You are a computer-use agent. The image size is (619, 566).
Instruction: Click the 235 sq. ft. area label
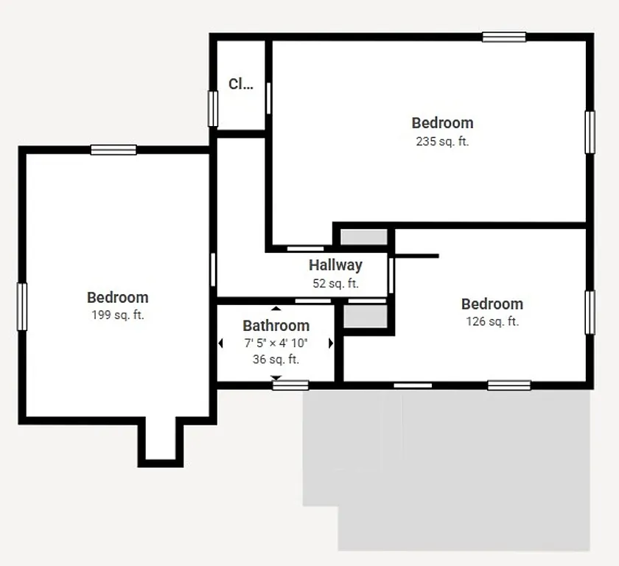point(442,141)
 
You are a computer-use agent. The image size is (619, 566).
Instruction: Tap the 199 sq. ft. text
point(117,315)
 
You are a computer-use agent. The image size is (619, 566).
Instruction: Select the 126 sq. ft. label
point(492,321)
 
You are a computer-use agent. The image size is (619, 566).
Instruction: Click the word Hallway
point(335,265)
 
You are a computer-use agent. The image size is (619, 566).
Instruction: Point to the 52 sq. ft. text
point(335,283)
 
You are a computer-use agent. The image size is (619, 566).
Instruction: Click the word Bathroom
point(276,326)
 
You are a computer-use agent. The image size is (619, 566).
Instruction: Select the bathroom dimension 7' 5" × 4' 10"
point(276,343)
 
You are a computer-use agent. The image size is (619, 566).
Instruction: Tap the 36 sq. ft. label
point(276,360)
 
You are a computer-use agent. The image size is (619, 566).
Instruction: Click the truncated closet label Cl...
point(240,84)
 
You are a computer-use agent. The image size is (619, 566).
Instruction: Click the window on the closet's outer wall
point(213,108)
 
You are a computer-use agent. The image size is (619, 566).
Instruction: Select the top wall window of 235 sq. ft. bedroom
point(504,37)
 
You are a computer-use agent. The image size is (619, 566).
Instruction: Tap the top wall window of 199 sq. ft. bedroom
point(113,150)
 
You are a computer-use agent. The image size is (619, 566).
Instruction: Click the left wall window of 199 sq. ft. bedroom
point(22,307)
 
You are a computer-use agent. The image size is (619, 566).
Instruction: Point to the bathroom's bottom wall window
point(290,385)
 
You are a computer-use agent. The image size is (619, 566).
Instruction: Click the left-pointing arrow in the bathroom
point(220,343)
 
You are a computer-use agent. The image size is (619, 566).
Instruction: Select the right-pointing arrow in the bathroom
point(331,343)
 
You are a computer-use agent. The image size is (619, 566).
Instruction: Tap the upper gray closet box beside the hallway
point(363,238)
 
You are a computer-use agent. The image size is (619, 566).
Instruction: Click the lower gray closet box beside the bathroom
point(366,316)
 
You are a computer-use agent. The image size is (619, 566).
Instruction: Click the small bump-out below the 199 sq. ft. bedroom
point(160,441)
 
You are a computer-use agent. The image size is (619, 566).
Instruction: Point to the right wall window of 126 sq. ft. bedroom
point(590,312)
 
